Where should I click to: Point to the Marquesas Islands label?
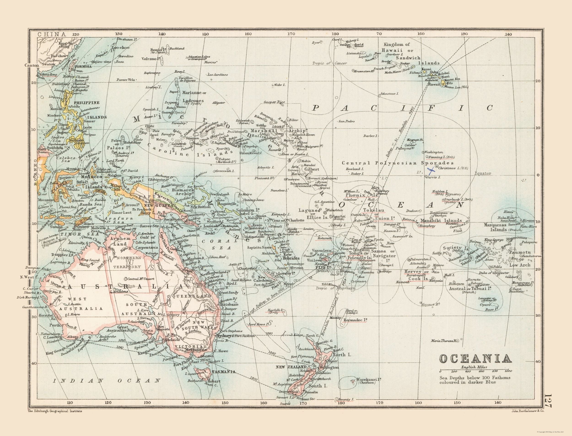[x=495, y=227]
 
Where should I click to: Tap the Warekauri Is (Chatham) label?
[x=368, y=381]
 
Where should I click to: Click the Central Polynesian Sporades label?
[x=398, y=163]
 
